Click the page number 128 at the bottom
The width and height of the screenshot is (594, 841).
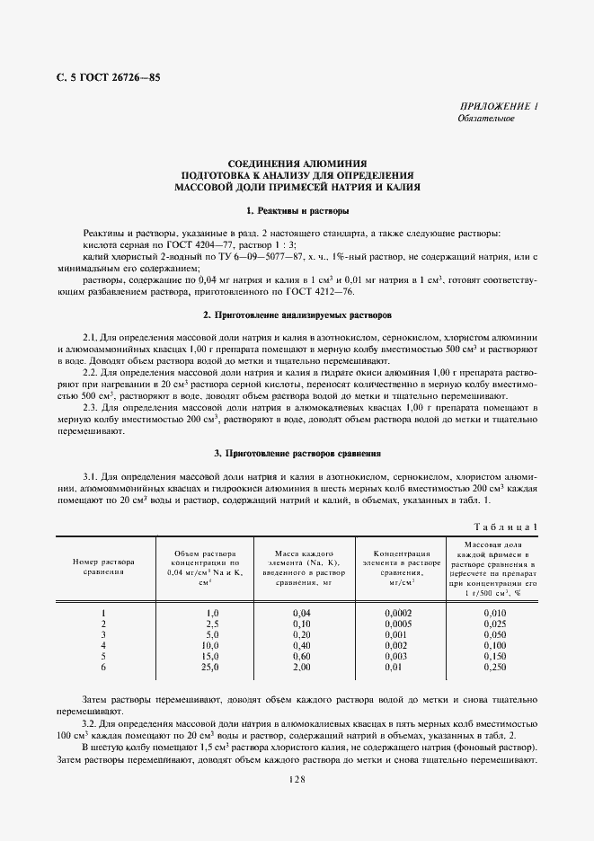[x=297, y=779]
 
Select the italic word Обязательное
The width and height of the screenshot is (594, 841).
[x=485, y=119]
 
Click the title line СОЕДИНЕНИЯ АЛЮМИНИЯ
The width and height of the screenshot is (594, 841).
[x=297, y=154]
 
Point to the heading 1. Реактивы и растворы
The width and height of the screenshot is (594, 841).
[x=297, y=210]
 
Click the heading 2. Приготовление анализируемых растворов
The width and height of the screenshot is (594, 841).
[x=297, y=315]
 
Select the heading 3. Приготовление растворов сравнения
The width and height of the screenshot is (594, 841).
[x=297, y=454]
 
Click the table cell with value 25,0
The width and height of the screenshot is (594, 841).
[x=211, y=667]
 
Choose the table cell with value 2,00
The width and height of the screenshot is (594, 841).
[x=301, y=667]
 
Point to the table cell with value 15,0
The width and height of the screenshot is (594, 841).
[x=211, y=656]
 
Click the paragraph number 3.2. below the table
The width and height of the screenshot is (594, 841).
[x=93, y=723]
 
